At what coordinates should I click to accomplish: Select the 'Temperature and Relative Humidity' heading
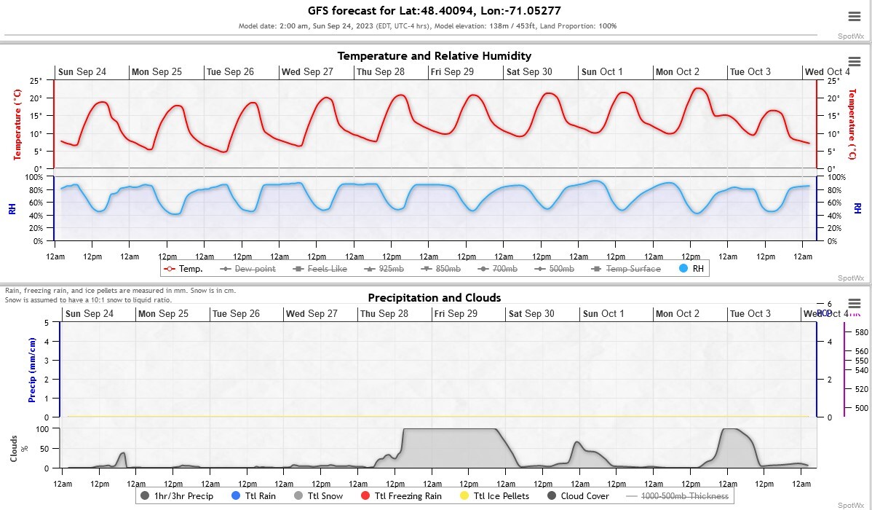click(435, 56)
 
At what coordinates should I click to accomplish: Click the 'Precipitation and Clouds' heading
click(434, 297)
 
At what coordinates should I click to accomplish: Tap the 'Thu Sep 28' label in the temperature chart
click(381, 72)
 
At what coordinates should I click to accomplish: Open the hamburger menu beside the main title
click(854, 17)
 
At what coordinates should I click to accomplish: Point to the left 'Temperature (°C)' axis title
click(16, 125)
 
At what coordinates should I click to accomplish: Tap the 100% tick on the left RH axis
click(35, 177)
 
